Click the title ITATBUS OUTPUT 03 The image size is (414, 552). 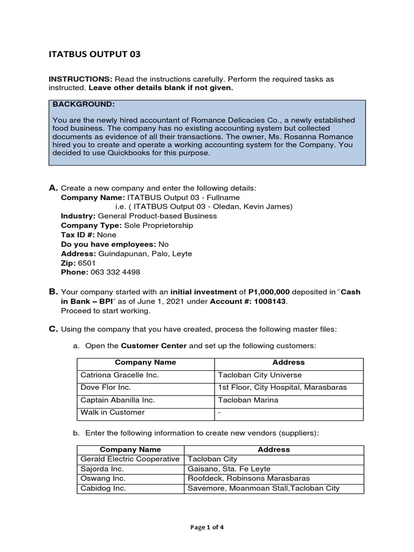point(95,54)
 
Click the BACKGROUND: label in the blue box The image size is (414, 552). point(84,104)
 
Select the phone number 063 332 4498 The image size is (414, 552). point(115,272)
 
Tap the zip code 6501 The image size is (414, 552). point(87,263)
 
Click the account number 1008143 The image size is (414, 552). point(267,301)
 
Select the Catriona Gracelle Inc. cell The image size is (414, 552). point(120,375)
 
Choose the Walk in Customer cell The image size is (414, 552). point(113,412)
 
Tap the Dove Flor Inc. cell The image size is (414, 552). point(106,388)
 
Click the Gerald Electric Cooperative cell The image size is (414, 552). point(130,459)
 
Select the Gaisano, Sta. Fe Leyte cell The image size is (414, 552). point(229,469)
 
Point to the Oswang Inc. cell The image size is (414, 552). point(103,479)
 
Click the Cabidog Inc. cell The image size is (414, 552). point(103,488)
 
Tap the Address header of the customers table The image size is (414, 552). point(288,363)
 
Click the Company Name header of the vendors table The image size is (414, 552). point(130,449)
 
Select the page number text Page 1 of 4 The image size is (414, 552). point(207,528)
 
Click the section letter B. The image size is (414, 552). point(53,292)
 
